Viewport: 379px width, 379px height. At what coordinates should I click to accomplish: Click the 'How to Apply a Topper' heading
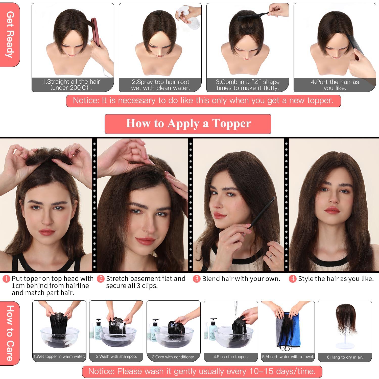pyautogui.click(x=188, y=124)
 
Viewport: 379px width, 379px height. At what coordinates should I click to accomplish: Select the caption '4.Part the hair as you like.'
pyautogui.click(x=335, y=85)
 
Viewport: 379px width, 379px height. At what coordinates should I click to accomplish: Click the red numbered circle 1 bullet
pyautogui.click(x=6, y=279)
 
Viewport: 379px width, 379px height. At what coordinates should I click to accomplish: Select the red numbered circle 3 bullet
pyautogui.click(x=196, y=279)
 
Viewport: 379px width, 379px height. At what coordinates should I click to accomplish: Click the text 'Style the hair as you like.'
pyautogui.click(x=336, y=279)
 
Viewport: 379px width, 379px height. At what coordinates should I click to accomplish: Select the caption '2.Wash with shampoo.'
pyautogui.click(x=116, y=357)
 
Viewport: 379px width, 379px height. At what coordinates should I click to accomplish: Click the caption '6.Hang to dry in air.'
pyautogui.click(x=345, y=357)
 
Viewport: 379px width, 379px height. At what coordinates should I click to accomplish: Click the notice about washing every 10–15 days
pyautogui.click(x=202, y=371)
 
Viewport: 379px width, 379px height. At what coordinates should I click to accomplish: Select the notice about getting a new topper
pyautogui.click(x=203, y=101)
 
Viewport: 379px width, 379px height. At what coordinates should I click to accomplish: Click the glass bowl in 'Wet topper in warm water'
pyautogui.click(x=59, y=339)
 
